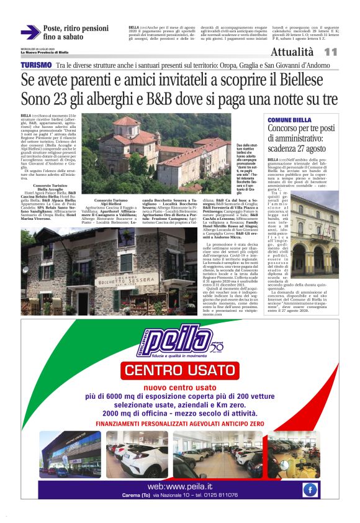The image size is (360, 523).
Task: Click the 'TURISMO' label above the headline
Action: pos(37,65)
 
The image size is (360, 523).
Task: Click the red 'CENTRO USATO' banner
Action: pos(180,371)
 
